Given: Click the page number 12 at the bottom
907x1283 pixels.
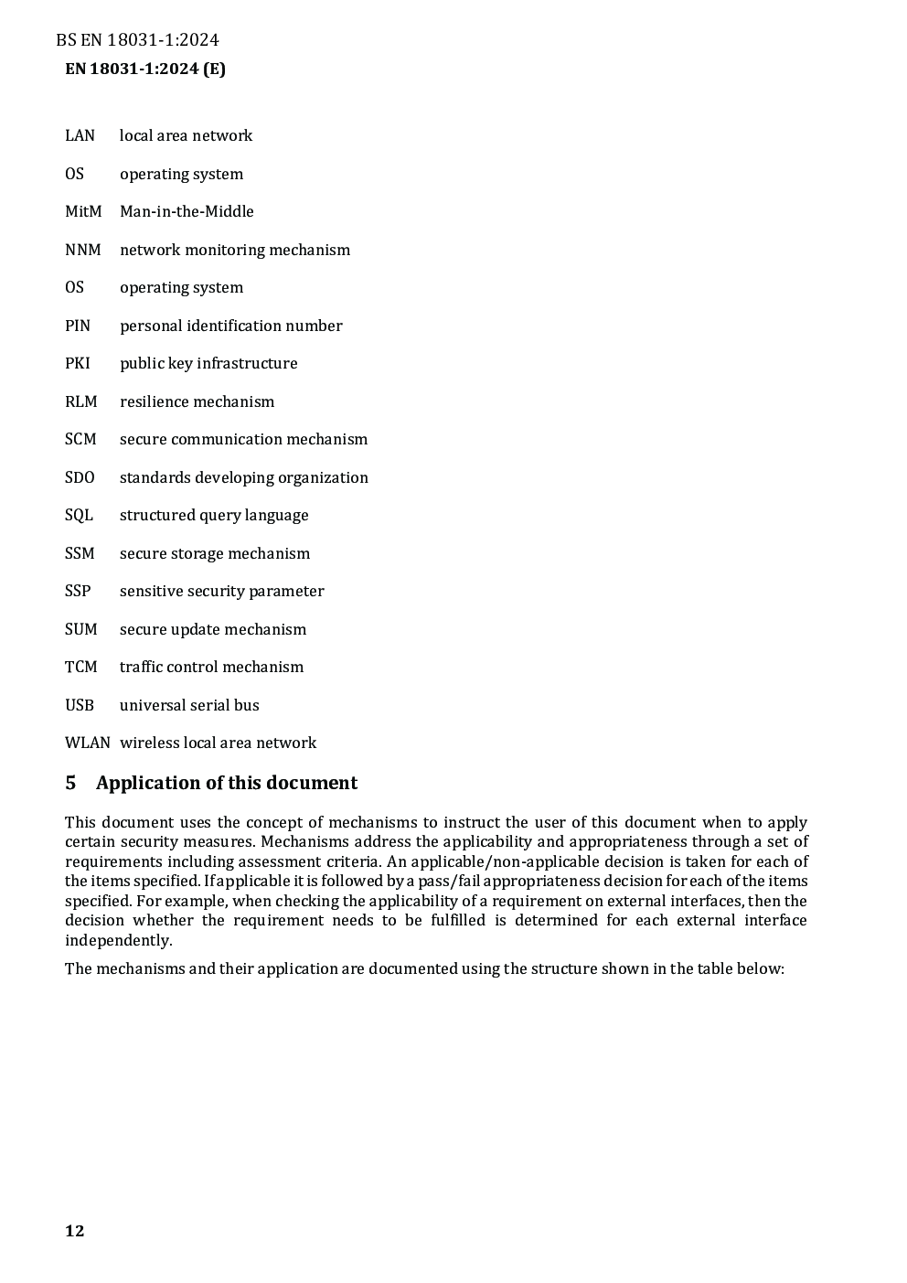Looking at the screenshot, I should click(x=75, y=1231).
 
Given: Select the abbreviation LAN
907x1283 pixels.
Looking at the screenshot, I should click(x=80, y=135).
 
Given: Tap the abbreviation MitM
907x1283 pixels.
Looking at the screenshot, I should click(x=83, y=211).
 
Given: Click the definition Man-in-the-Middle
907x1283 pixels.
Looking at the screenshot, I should click(x=187, y=211).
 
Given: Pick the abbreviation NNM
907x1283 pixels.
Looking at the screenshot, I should click(x=82, y=250).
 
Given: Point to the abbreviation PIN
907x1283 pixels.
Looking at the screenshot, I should click(x=78, y=326).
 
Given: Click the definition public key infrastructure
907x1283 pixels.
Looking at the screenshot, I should click(x=208, y=363).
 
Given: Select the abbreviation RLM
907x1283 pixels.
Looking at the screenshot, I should click(x=80, y=401).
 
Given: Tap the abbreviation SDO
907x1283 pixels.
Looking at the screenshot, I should click(x=80, y=477).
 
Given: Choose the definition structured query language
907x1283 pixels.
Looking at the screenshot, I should click(x=214, y=515).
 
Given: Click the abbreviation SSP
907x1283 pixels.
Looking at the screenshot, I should click(x=78, y=591).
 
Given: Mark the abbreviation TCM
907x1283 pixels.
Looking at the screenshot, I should click(x=80, y=667).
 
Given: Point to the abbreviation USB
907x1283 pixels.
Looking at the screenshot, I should click(x=80, y=705).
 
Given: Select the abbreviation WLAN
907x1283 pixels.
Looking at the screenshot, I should click(x=87, y=743).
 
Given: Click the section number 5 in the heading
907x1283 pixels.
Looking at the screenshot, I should click(x=70, y=783).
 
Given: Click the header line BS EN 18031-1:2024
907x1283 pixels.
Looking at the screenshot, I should click(x=137, y=39).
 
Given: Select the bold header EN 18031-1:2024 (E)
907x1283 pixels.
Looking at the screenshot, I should click(x=145, y=69).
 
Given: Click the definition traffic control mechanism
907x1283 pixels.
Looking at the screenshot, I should click(x=211, y=667).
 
